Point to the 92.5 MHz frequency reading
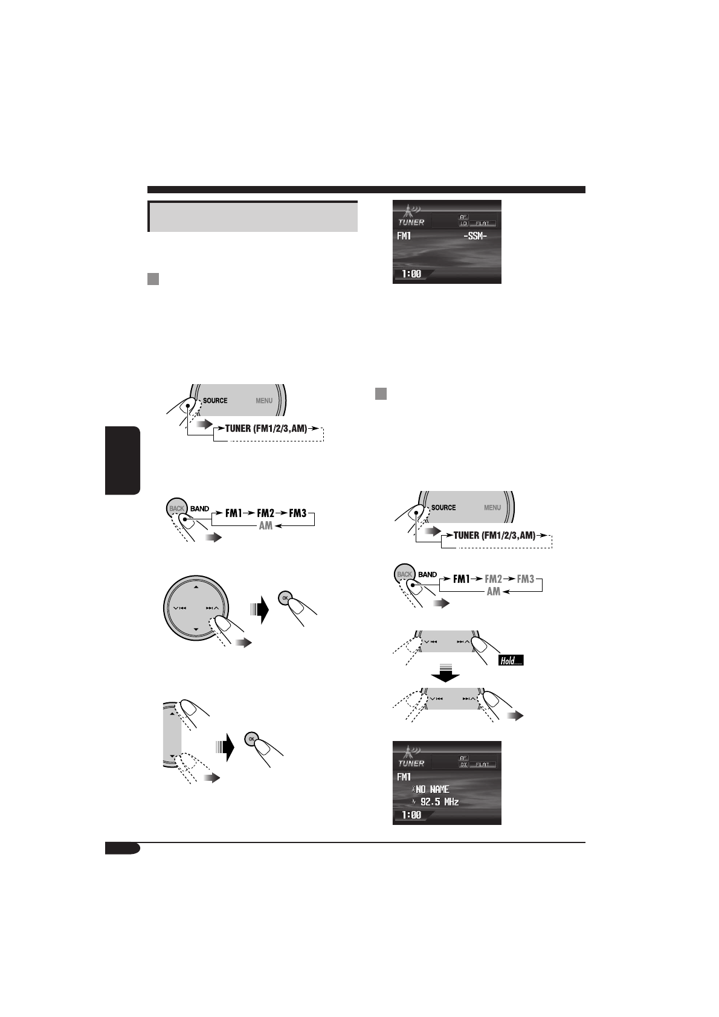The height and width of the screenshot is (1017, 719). tap(439, 802)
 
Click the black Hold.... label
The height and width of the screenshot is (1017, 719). tap(511, 661)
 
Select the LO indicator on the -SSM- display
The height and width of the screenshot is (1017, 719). tap(463, 223)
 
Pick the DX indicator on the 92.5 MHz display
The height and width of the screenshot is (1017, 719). tap(463, 764)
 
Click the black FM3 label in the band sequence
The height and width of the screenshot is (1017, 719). tap(297, 513)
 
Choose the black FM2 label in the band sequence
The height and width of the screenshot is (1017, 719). tap(266, 513)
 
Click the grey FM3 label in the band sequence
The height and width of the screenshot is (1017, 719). tap(526, 579)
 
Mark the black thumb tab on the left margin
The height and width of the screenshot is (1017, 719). tap(123, 460)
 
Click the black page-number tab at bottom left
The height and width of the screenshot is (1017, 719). tap(122, 849)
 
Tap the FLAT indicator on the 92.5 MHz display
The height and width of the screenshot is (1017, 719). tap(483, 764)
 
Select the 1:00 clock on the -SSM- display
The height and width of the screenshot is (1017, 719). tap(411, 274)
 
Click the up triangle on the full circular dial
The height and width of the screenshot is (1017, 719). tap(196, 586)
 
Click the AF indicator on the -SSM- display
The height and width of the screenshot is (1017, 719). tap(463, 216)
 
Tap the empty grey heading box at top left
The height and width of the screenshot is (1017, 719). tap(253, 216)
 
